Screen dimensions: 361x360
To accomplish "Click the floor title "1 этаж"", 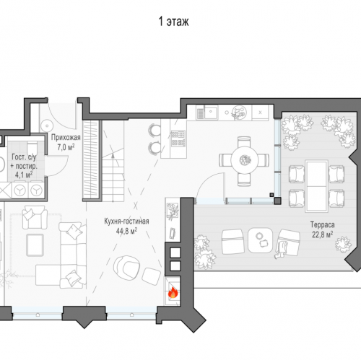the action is coord(173,22).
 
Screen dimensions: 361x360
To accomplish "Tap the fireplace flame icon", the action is coord(173,293).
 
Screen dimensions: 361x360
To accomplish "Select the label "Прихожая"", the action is coord(66,138).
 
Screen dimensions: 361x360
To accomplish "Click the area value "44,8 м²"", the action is coord(126,231).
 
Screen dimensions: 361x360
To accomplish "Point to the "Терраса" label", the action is coord(323,225).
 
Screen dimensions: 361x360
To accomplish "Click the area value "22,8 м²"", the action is coord(323,234).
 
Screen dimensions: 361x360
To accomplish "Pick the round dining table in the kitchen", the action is coord(244,160).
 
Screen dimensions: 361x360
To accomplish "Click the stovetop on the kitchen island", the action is coord(178,139).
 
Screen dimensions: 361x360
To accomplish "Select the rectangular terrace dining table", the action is coord(316,186).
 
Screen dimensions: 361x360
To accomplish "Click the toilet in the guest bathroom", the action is coord(32,146).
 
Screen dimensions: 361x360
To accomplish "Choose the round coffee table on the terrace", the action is coord(260,240).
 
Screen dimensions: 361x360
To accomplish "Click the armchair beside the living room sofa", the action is coord(35,217).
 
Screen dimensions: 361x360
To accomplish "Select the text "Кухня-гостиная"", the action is coord(126,221).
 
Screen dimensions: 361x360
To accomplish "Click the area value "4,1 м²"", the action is coord(24,175).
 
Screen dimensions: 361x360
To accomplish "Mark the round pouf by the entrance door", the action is coord(47,125).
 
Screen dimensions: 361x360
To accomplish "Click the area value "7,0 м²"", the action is coord(66,146).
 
